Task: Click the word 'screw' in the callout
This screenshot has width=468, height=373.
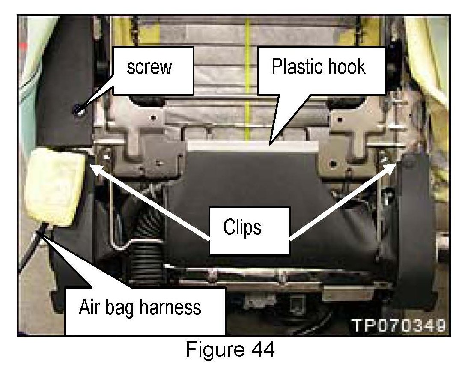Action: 149,68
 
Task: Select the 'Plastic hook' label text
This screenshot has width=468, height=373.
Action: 319,67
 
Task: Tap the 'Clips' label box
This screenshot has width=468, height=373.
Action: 242,227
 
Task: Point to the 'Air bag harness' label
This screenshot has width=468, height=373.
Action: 140,307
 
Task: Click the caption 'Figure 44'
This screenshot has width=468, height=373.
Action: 230,349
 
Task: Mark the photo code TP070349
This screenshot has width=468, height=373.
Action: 398,326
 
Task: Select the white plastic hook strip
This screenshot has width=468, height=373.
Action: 253,146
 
